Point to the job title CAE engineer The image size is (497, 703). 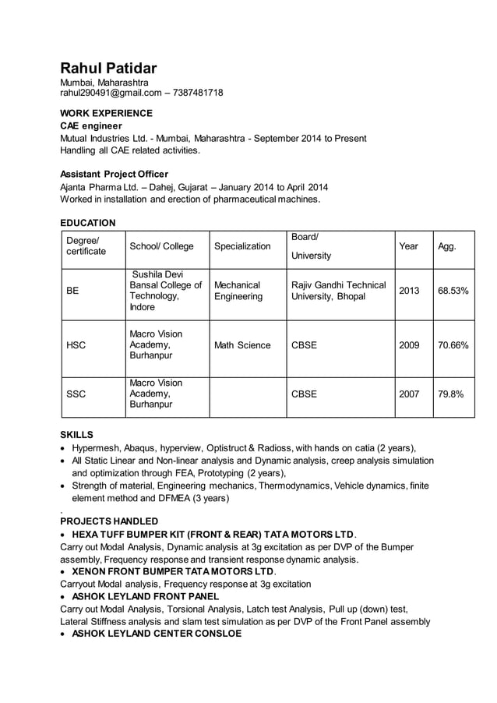91,125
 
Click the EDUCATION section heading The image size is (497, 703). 88,223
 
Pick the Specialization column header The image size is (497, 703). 242,246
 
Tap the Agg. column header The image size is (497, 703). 447,246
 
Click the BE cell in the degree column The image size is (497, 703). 72,291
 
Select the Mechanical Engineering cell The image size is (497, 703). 238,291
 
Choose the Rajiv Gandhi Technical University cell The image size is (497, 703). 338,291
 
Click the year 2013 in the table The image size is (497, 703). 409,291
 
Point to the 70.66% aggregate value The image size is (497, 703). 453,345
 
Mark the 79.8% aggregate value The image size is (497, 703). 450,394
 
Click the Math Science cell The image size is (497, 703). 242,345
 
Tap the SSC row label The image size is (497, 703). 76,394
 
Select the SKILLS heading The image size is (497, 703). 76,434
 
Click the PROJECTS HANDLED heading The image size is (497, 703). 109,521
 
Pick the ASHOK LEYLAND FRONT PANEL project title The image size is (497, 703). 146,596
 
